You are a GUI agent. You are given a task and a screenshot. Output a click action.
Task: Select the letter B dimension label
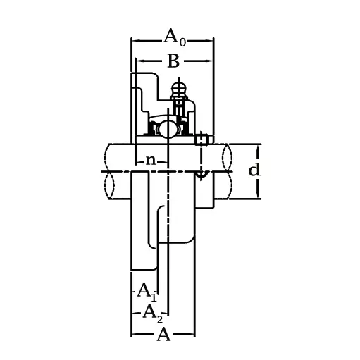tap(173, 62)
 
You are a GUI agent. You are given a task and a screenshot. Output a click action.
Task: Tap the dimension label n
tap(151, 160)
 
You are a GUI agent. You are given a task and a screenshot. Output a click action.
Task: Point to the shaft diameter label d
tap(254, 170)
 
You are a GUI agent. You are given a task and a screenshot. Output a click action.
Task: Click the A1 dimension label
tap(147, 290)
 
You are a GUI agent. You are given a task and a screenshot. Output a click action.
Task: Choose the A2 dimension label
tap(153, 311)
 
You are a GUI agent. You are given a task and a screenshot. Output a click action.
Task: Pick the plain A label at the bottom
tap(163, 334)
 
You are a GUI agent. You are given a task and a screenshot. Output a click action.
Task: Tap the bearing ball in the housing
tap(168, 130)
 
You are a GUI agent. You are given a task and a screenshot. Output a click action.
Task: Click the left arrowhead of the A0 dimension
tap(134, 41)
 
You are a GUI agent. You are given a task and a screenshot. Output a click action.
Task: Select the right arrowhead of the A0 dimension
tap(211, 41)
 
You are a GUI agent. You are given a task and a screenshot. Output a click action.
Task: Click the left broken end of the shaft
tap(109, 170)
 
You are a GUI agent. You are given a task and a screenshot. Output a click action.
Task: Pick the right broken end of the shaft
tap(228, 170)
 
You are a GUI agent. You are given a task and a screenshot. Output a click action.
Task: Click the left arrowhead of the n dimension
tap(137, 161)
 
